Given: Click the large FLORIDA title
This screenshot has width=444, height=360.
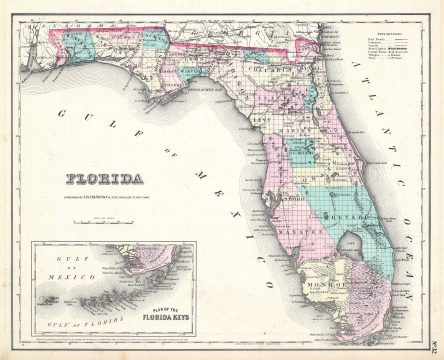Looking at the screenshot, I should pyautogui.click(x=104, y=180).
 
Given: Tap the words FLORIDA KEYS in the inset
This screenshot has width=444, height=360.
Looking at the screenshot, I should pyautogui.click(x=179, y=322).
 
